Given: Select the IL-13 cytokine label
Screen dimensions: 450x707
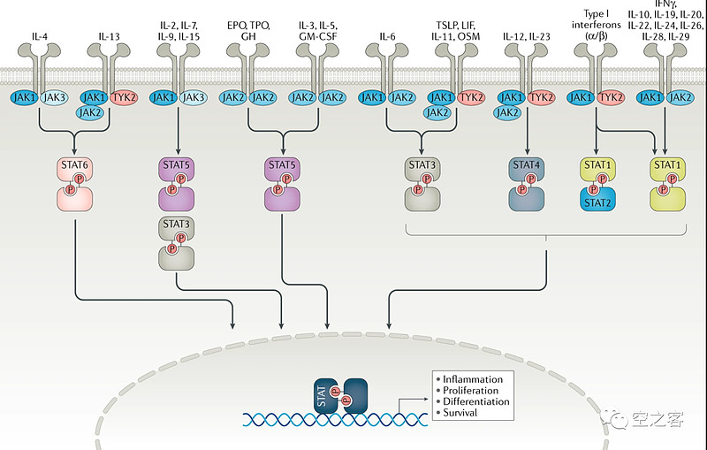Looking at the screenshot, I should click(x=108, y=36).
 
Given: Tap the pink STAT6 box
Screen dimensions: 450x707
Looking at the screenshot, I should click(x=75, y=165).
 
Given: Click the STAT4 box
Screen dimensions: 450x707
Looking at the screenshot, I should click(x=529, y=165).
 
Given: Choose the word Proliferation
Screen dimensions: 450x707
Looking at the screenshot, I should click(x=471, y=390).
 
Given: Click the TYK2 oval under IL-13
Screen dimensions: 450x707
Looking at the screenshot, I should click(x=125, y=96).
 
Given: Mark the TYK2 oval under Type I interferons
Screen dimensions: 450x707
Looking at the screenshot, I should click(x=610, y=96).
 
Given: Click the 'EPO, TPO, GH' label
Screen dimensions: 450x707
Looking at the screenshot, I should click(x=250, y=29).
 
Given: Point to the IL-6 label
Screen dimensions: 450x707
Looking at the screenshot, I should click(x=388, y=36).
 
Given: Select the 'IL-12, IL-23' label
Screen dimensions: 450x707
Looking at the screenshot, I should click(x=528, y=36).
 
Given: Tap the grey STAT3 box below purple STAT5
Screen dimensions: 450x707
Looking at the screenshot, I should click(x=179, y=225).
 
